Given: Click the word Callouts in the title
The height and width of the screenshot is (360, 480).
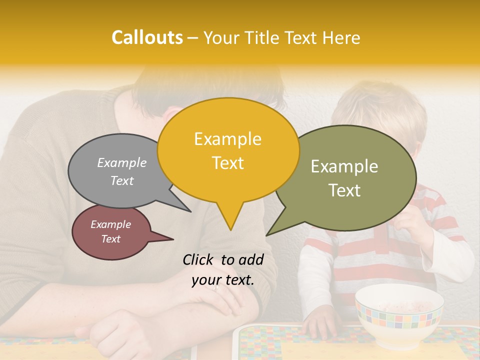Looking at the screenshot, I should (147, 37).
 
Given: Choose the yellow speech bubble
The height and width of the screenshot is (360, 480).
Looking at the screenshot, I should (228, 150).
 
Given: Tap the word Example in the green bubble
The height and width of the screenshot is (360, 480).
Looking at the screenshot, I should (344, 166).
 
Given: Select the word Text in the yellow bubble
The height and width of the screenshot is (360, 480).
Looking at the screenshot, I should (228, 163).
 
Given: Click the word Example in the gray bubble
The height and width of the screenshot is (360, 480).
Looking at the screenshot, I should (121, 163).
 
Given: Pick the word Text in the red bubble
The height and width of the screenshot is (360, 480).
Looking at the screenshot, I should (111, 239).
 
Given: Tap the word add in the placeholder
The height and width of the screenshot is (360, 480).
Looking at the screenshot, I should (251, 259).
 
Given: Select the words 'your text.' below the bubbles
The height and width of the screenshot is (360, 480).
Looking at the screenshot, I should (223, 280).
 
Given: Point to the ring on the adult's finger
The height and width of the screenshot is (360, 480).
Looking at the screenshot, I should (215, 287).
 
